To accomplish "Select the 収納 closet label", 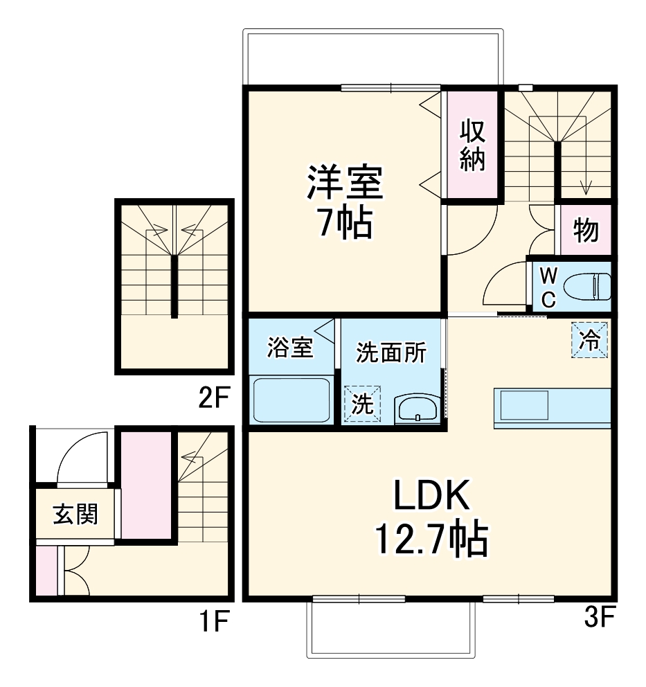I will [472, 145].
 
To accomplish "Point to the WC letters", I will [547, 287].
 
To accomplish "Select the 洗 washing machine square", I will [362, 404].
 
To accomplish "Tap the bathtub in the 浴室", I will [291, 400].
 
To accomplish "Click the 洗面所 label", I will [391, 353].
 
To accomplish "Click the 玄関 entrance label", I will [75, 515].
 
